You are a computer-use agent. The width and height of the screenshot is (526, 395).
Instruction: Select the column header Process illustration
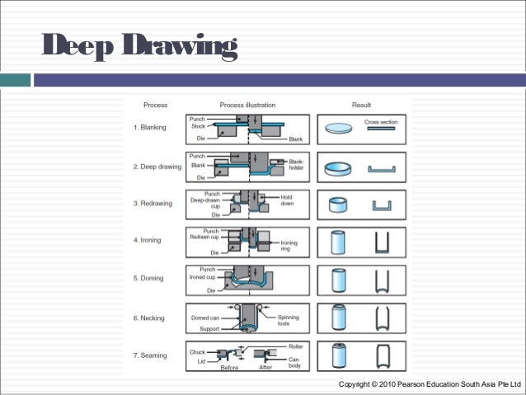(x=247, y=106)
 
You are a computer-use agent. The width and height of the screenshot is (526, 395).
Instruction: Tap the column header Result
(x=361, y=106)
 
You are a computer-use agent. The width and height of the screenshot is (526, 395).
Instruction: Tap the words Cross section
(x=380, y=121)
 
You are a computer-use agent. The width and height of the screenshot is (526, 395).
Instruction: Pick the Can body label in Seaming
(x=294, y=363)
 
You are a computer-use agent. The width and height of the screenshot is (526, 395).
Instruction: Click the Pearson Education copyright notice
(x=430, y=385)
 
